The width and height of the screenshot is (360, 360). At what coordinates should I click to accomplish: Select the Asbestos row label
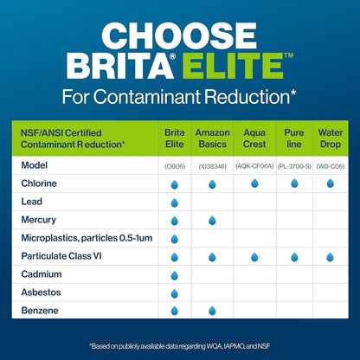pos(40,292)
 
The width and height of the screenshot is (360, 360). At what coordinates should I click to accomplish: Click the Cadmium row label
pos(40,273)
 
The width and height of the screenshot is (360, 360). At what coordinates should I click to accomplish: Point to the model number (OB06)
pos(175,165)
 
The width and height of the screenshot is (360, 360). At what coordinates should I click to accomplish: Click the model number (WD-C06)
pos(330,165)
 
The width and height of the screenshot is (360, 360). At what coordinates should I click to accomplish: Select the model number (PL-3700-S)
pos(293,165)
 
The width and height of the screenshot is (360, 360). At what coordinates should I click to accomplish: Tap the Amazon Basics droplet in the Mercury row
pos(212,221)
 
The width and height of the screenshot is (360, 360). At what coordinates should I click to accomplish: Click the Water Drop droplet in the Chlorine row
pos(330,183)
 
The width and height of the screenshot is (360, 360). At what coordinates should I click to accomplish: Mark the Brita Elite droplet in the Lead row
pos(175,202)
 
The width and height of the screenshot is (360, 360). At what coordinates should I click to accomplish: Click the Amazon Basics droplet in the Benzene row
pos(212,311)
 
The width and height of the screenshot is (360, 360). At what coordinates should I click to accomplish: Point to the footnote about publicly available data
pos(179,344)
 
